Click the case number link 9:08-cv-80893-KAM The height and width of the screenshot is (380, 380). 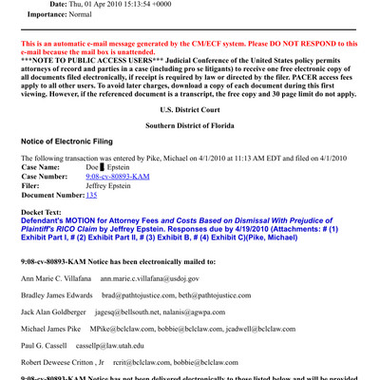tap(119, 177)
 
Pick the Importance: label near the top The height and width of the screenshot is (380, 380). tap(55, 15)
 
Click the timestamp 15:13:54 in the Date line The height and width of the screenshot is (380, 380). tap(138, 4)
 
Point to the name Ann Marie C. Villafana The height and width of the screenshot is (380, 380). tap(54, 278)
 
